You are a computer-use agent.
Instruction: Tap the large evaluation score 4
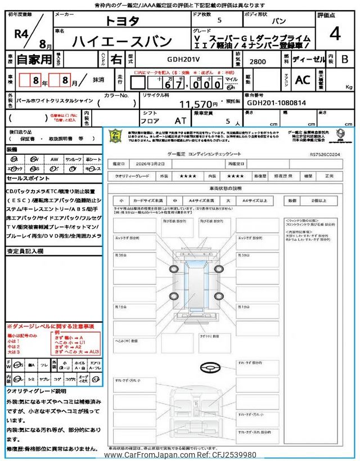(335, 34)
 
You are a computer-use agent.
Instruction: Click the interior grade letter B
(345, 58)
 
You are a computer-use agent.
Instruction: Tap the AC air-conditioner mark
(303, 80)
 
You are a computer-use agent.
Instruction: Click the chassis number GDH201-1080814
(276, 104)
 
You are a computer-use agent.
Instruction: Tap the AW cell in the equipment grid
(54, 159)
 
